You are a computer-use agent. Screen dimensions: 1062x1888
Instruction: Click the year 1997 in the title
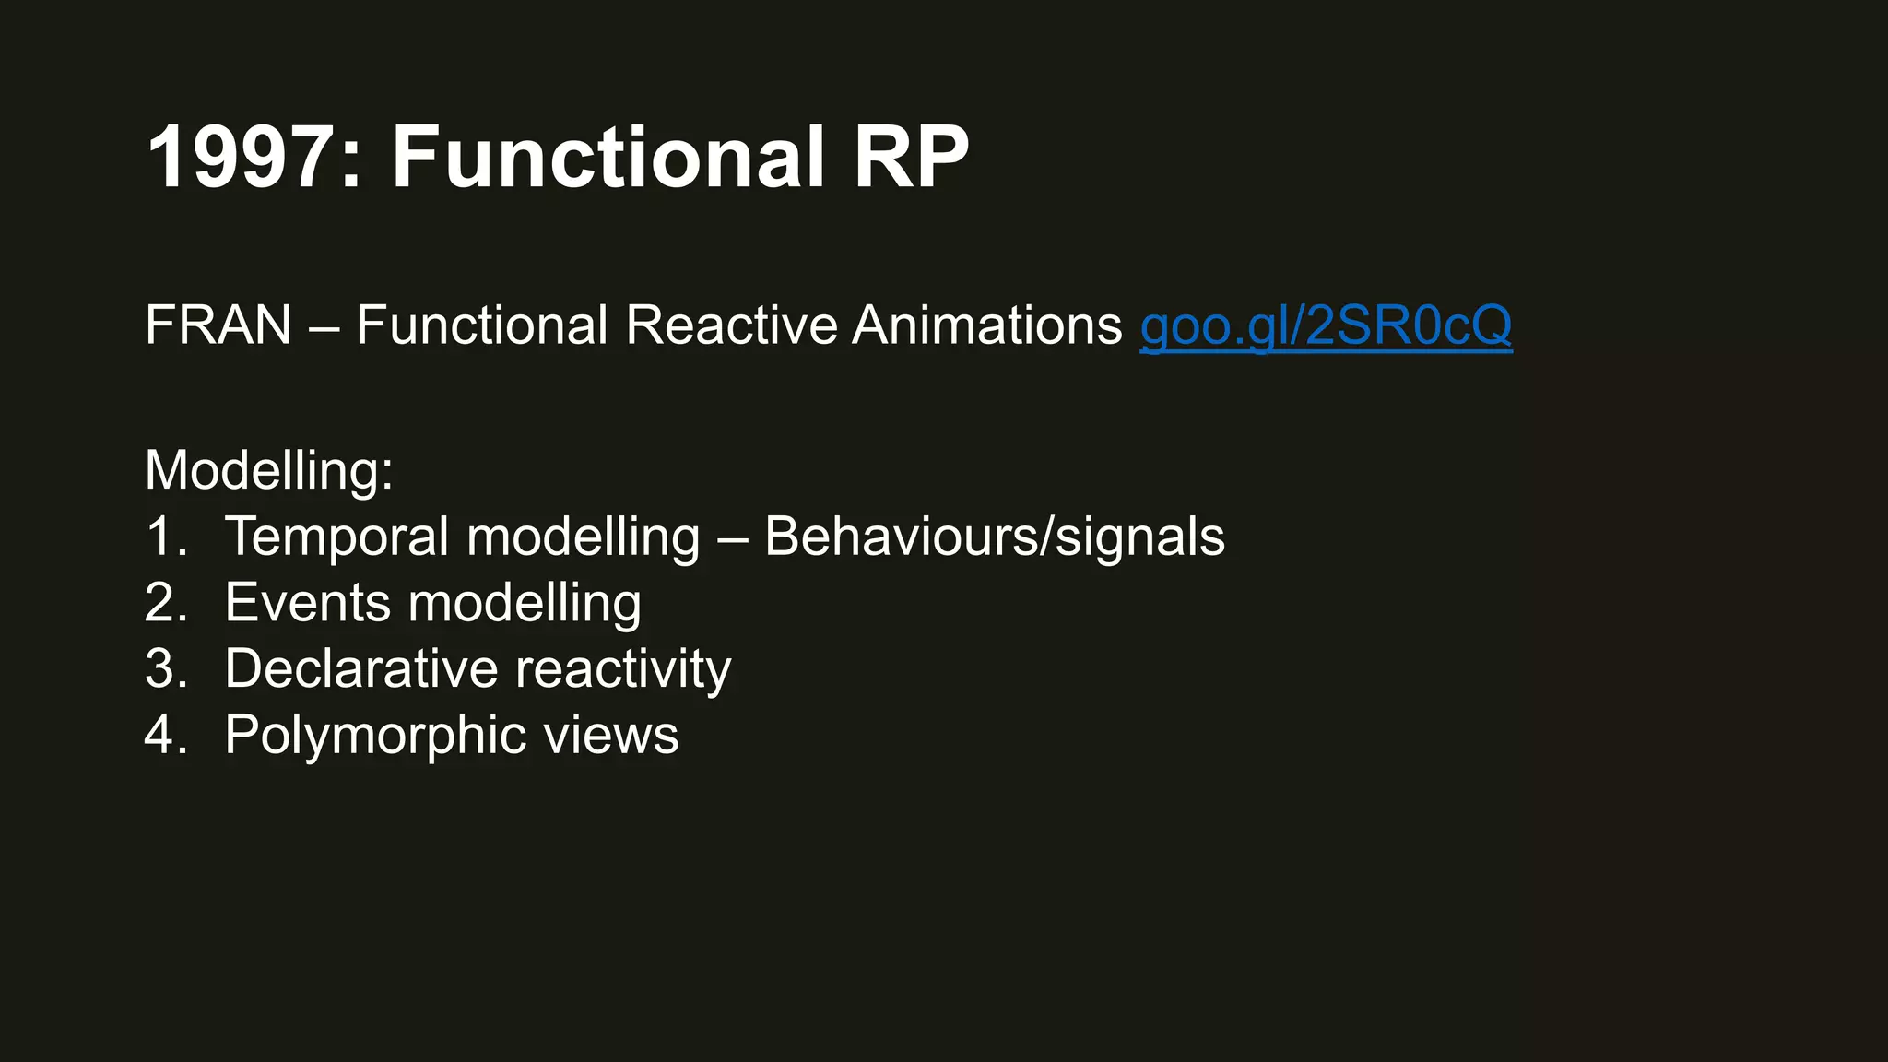242,158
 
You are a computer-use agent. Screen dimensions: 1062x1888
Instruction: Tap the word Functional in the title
608,158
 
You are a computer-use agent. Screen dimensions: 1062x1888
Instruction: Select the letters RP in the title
911,158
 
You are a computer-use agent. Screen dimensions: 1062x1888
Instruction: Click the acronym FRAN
218,325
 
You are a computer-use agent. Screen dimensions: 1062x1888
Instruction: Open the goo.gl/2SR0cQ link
1326,325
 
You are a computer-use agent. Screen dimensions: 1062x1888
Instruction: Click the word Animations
986,325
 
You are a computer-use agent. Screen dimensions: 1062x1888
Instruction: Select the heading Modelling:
269,470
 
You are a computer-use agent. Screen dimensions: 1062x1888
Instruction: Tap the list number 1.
165,537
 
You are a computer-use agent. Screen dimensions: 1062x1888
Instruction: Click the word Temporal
336,537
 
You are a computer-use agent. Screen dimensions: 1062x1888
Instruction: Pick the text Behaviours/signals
995,537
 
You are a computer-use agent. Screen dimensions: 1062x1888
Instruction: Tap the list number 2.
166,603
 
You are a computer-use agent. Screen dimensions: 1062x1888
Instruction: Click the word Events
308,603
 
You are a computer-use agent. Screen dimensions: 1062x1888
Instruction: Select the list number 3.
166,669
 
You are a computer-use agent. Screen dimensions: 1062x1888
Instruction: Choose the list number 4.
166,736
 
